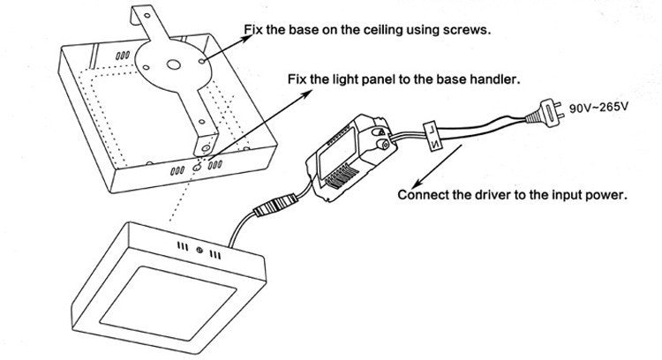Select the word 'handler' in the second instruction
click(x=493, y=79)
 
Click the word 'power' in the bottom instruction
click(x=606, y=195)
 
